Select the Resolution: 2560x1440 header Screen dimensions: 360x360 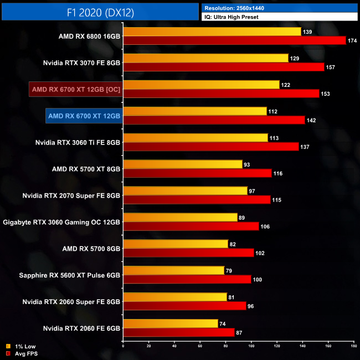(x=238, y=8)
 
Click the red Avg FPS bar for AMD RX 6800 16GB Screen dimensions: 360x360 (x=234, y=40)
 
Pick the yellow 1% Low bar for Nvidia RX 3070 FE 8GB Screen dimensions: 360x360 (x=206, y=58)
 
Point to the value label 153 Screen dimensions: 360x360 (x=325, y=94)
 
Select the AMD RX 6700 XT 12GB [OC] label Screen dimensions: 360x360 (x=75, y=89)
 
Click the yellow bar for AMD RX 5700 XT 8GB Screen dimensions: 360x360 (x=183, y=164)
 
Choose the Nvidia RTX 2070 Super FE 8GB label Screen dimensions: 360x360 (x=71, y=196)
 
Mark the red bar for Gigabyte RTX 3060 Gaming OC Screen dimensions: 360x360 (x=191, y=227)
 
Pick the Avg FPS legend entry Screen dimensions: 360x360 (x=22, y=353)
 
